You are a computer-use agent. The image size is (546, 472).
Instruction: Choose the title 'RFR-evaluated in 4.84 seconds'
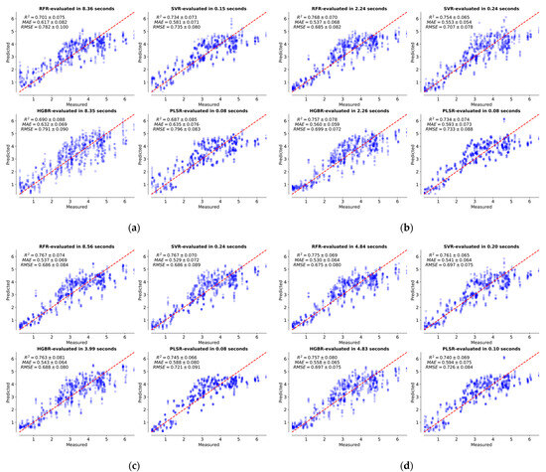[x=342, y=241]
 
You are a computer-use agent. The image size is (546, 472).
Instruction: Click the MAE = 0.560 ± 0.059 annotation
[x=312, y=130]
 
